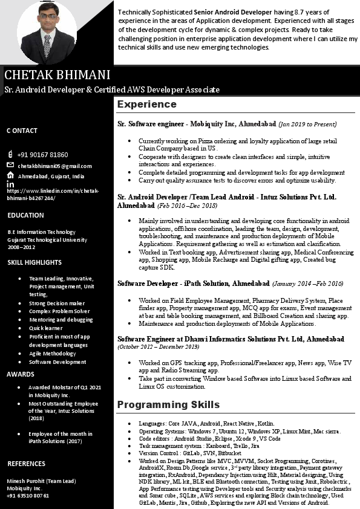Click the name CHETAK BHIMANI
[x=57, y=75]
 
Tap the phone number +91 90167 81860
[x=42, y=155]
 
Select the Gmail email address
[x=54, y=166]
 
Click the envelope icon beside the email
[x=10, y=165]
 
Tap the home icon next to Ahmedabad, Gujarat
[x=10, y=175]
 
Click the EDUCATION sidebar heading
[x=25, y=215]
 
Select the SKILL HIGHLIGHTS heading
[x=34, y=262]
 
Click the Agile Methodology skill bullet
[x=53, y=354]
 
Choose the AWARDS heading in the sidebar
[x=21, y=374]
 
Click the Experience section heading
[x=146, y=104]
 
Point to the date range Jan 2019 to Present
[x=307, y=124]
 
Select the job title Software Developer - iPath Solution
[x=194, y=283]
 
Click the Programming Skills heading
[x=168, y=404]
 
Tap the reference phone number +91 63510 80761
[x=28, y=495]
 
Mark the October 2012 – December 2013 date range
[x=158, y=347]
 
